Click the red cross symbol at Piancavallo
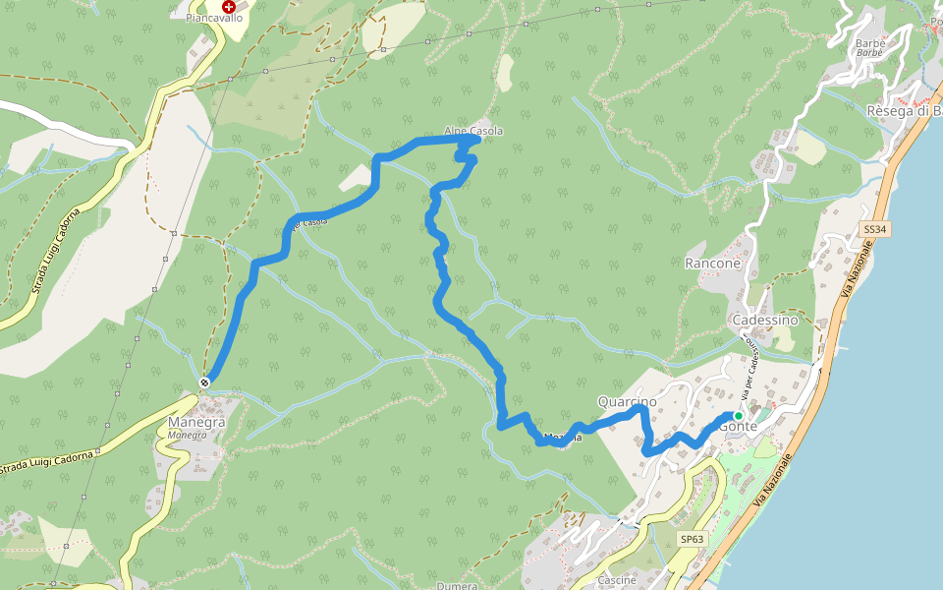pos(229,6)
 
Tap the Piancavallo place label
pos(215,18)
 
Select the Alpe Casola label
pos(473,131)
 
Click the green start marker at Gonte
pos(739,416)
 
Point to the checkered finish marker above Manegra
pos(204,382)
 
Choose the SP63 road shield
pos(693,539)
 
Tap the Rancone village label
pos(712,264)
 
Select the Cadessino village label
pos(764,321)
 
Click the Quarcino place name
pos(627,401)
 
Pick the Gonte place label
pos(737,427)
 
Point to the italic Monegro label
pos(187,435)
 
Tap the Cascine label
pos(617,580)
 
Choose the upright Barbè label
pos(870,43)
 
